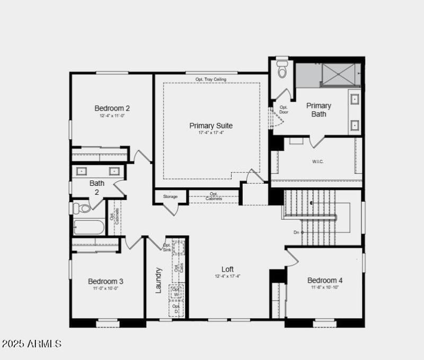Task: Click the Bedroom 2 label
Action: click(112, 108)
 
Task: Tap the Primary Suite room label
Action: click(211, 125)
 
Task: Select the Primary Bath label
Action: click(319, 110)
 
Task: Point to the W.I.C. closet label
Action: click(318, 161)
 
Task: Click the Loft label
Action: click(227, 269)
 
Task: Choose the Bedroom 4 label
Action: click(325, 280)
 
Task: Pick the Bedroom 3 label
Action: click(105, 281)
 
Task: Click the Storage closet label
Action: click(170, 197)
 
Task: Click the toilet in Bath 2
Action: click(82, 208)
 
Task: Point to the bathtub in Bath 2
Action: click(89, 227)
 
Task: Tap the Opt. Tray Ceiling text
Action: click(211, 79)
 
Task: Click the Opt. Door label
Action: click(284, 110)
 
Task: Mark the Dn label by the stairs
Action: click(296, 232)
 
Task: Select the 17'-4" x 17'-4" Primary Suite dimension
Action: click(211, 133)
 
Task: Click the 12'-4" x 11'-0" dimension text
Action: click(112, 115)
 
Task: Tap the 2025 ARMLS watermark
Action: click(31, 344)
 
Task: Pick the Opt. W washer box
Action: click(176, 292)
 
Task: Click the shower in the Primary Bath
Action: click(341, 75)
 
